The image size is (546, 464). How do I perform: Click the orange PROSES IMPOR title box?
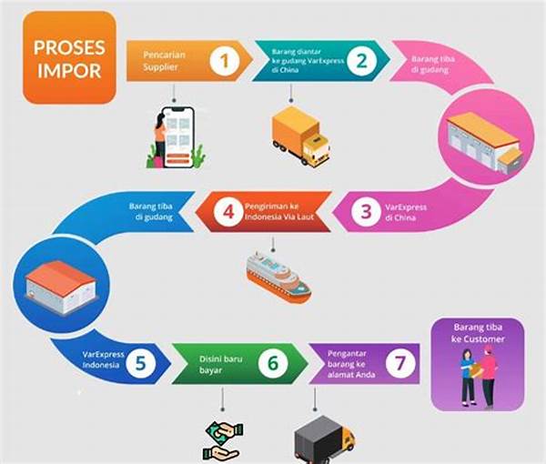pyautogui.click(x=70, y=57)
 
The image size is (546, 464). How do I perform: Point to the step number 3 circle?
pyautogui.click(x=366, y=213)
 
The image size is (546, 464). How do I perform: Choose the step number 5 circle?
pyautogui.click(x=140, y=363)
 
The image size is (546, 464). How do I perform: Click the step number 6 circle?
pyautogui.click(x=272, y=363)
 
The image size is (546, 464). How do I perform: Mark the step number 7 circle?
pyautogui.click(x=396, y=363)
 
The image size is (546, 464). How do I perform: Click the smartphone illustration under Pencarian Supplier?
pyautogui.click(x=177, y=137)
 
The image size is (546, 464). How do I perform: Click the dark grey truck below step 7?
pyautogui.click(x=324, y=439)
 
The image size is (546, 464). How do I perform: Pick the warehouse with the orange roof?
pyautogui.click(x=481, y=142)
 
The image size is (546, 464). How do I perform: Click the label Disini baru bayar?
pyautogui.click(x=216, y=363)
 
